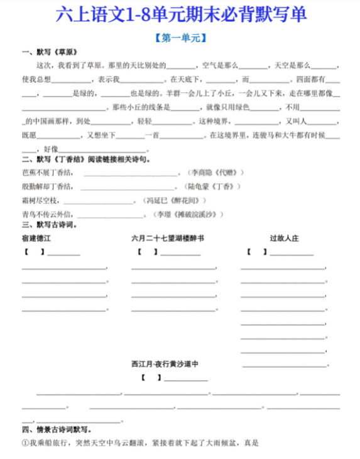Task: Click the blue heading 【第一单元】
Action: click(x=180, y=38)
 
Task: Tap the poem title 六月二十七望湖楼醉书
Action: click(x=168, y=239)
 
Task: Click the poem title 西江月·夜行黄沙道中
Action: click(x=165, y=364)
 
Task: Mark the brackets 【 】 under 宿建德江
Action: click(x=34, y=252)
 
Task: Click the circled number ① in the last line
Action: click(x=25, y=443)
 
